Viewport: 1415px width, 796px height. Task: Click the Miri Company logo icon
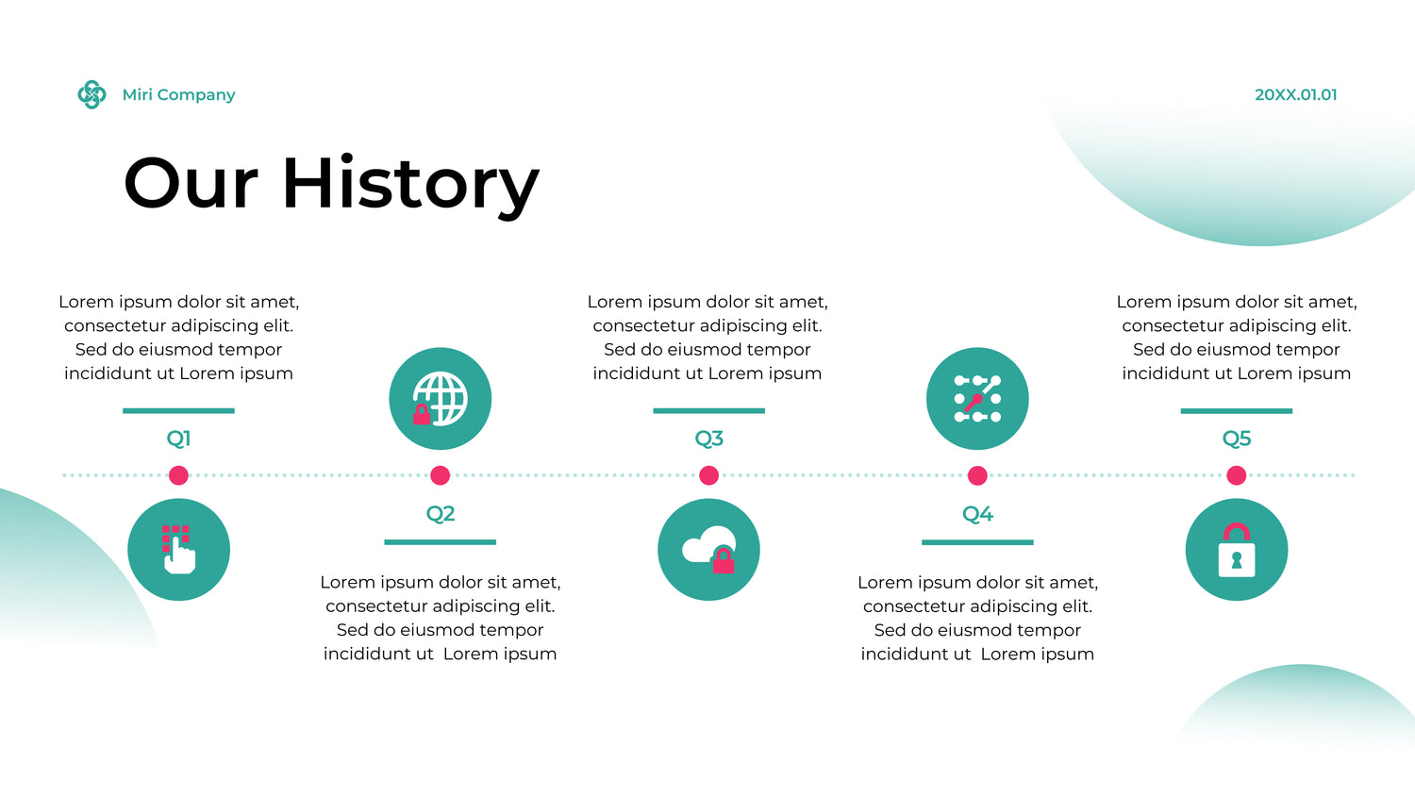coord(92,94)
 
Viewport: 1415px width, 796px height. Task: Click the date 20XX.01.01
coord(1295,94)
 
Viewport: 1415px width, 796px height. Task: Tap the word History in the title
coord(410,185)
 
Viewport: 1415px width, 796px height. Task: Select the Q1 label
coord(179,439)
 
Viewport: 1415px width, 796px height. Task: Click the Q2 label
coord(441,514)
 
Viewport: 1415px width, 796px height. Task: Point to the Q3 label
coord(708,439)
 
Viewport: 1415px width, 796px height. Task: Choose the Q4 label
coord(977,514)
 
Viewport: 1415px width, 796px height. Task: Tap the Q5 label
coord(1236,439)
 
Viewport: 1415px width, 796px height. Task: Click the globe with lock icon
coord(441,399)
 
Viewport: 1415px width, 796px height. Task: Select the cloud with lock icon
coord(708,550)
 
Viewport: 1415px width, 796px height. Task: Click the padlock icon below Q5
coord(1236,550)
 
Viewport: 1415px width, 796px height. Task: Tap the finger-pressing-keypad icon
coord(179,550)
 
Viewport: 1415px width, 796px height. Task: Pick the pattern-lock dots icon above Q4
coord(977,399)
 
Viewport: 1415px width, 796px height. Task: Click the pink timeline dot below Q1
coord(179,475)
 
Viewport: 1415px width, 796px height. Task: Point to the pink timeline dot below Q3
coord(708,475)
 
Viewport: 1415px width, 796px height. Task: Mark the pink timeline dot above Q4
coord(977,475)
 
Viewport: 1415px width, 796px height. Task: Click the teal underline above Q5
coord(1236,411)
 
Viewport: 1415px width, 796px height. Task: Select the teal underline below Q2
coord(441,542)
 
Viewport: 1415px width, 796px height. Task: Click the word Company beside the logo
coord(196,95)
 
